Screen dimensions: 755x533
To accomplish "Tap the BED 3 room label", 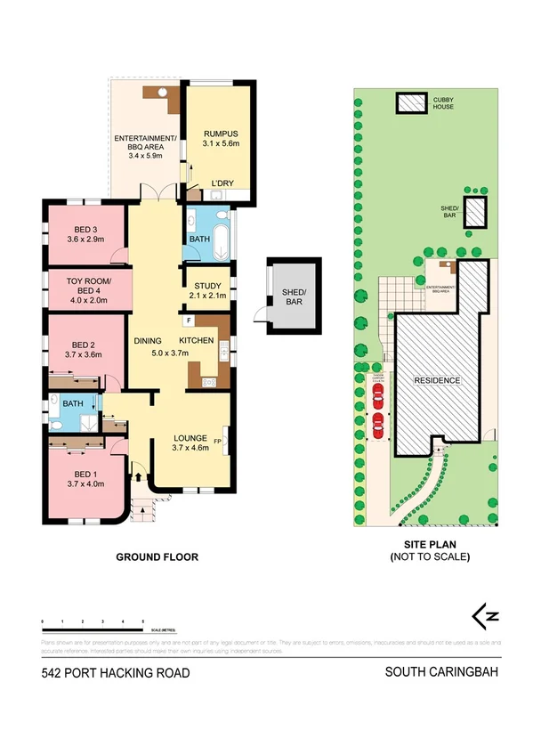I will tap(86, 233).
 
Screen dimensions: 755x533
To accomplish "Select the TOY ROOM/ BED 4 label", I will tap(86, 286).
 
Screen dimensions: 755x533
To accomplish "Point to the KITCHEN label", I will tap(196, 341).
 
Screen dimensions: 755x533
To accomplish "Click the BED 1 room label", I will tap(85, 478).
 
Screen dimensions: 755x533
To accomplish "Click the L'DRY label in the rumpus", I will tap(222, 184).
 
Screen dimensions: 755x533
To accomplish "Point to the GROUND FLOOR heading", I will tap(157, 556).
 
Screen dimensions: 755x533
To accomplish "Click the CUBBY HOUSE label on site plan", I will tap(443, 102).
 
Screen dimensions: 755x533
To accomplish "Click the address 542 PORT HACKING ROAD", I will tap(116, 673).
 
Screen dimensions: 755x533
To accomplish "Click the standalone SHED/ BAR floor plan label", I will tap(295, 297).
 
